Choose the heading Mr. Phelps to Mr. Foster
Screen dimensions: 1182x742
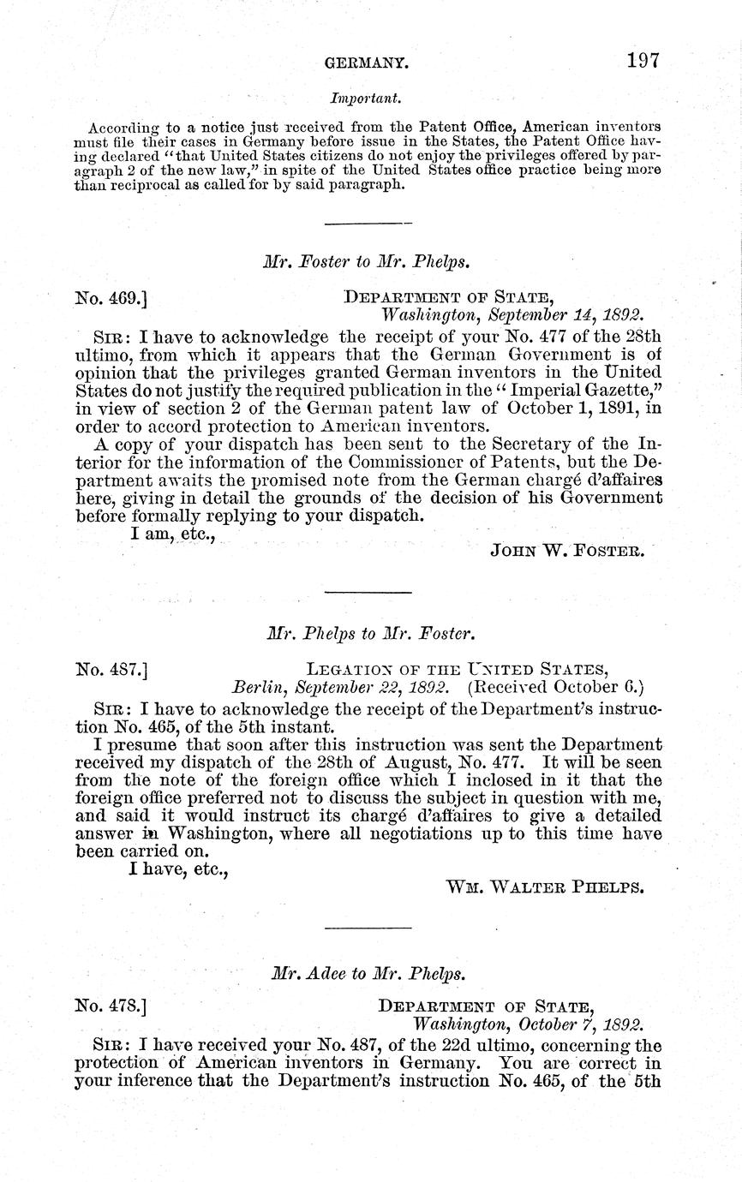[370, 635]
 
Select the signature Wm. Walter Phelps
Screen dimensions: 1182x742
[545, 886]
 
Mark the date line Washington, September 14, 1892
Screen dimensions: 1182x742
[512, 314]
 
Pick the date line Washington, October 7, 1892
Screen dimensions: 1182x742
[529, 1024]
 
